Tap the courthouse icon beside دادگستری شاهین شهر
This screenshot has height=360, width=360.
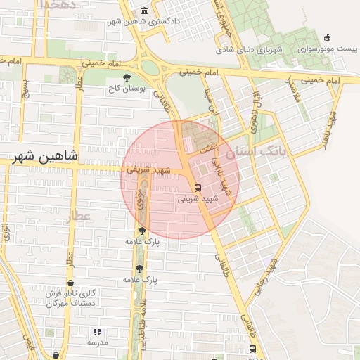coord(145,10)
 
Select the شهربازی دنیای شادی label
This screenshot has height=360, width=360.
coord(258,51)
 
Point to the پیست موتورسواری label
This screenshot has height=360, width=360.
coord(333,50)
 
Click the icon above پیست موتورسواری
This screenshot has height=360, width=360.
coord(327,38)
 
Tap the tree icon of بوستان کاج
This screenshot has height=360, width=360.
coord(127,77)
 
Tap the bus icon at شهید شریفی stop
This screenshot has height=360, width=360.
coord(198,188)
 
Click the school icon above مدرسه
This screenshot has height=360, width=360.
coord(97,331)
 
